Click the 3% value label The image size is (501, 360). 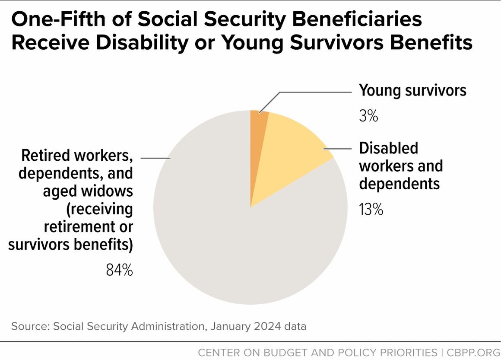coord(368,116)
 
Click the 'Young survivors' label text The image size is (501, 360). coord(412,90)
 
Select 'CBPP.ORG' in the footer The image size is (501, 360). coord(470,351)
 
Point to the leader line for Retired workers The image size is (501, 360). coord(155,158)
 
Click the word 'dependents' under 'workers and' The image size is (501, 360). coord(400,184)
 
